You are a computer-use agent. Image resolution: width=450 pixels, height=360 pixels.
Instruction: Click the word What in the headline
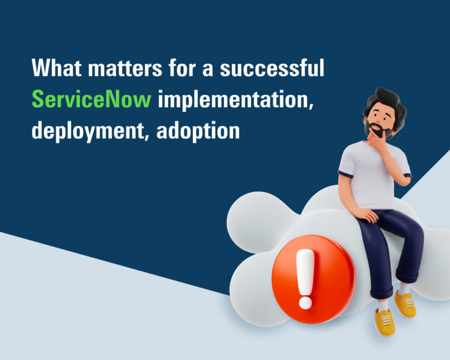point(57,67)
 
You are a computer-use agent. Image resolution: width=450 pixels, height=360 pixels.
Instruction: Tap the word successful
point(272,67)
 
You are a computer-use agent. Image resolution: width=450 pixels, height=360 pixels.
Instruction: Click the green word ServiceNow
point(91,99)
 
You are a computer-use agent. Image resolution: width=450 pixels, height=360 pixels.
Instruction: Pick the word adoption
point(198,132)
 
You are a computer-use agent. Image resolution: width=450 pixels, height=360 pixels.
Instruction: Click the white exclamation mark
point(305,278)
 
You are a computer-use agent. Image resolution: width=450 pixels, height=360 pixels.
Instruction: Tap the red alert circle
point(314,279)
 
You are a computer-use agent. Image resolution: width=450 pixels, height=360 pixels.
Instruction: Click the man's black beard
point(377,129)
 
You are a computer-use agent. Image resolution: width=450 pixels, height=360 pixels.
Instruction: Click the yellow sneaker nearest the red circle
point(385,321)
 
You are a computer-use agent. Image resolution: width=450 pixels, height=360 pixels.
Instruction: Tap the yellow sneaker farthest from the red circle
point(405,303)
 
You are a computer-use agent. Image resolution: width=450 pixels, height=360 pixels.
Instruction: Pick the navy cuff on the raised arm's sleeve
point(407,175)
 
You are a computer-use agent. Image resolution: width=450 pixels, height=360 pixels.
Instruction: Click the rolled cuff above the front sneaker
point(381,293)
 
